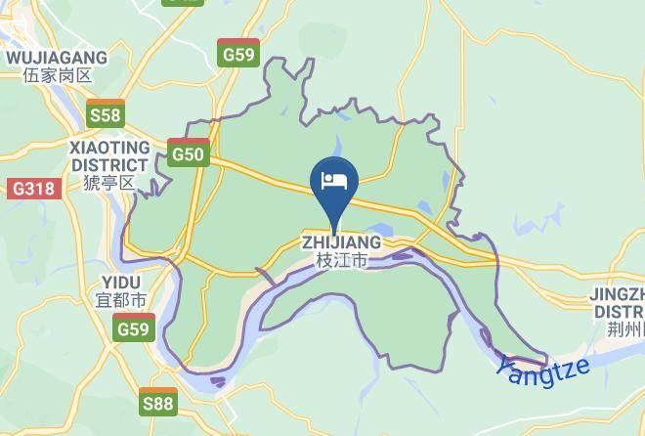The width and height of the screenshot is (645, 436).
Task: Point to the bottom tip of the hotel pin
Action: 334,234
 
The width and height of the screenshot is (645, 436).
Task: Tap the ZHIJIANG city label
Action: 341,242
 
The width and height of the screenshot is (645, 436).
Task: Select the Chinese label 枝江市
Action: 341,261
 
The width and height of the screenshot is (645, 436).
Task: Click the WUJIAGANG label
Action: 56,58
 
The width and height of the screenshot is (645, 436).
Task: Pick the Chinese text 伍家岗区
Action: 56,75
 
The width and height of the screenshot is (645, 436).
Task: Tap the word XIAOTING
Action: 109,147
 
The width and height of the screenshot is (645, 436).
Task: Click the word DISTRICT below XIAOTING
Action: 109,164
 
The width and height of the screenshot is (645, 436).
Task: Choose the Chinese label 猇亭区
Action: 109,183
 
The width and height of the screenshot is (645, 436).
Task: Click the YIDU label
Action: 119,283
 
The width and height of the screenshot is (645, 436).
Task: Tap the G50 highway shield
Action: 188,153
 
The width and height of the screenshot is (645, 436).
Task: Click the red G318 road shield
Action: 33,189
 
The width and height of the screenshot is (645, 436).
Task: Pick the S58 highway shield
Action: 105,114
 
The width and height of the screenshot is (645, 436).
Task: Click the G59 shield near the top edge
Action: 239,54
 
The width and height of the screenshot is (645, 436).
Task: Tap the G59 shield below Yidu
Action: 133,328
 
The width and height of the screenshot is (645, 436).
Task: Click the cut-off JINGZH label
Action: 617,294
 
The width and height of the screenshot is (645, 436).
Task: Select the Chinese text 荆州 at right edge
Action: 625,329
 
